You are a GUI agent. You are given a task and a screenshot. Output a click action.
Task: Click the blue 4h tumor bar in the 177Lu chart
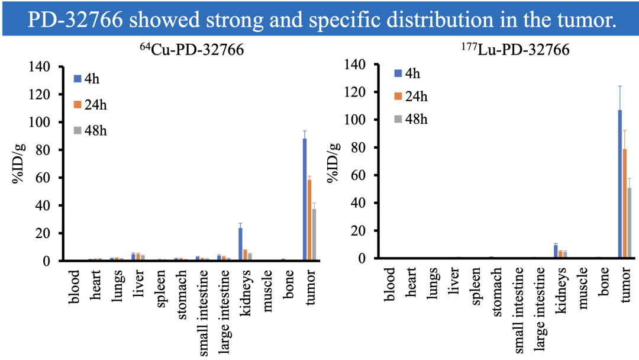(x=620, y=184)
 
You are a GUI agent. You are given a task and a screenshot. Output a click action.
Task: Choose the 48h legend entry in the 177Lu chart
(x=411, y=119)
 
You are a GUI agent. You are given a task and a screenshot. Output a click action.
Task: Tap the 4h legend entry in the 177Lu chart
(x=408, y=73)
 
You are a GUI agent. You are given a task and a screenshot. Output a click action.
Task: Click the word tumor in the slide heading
(x=579, y=21)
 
